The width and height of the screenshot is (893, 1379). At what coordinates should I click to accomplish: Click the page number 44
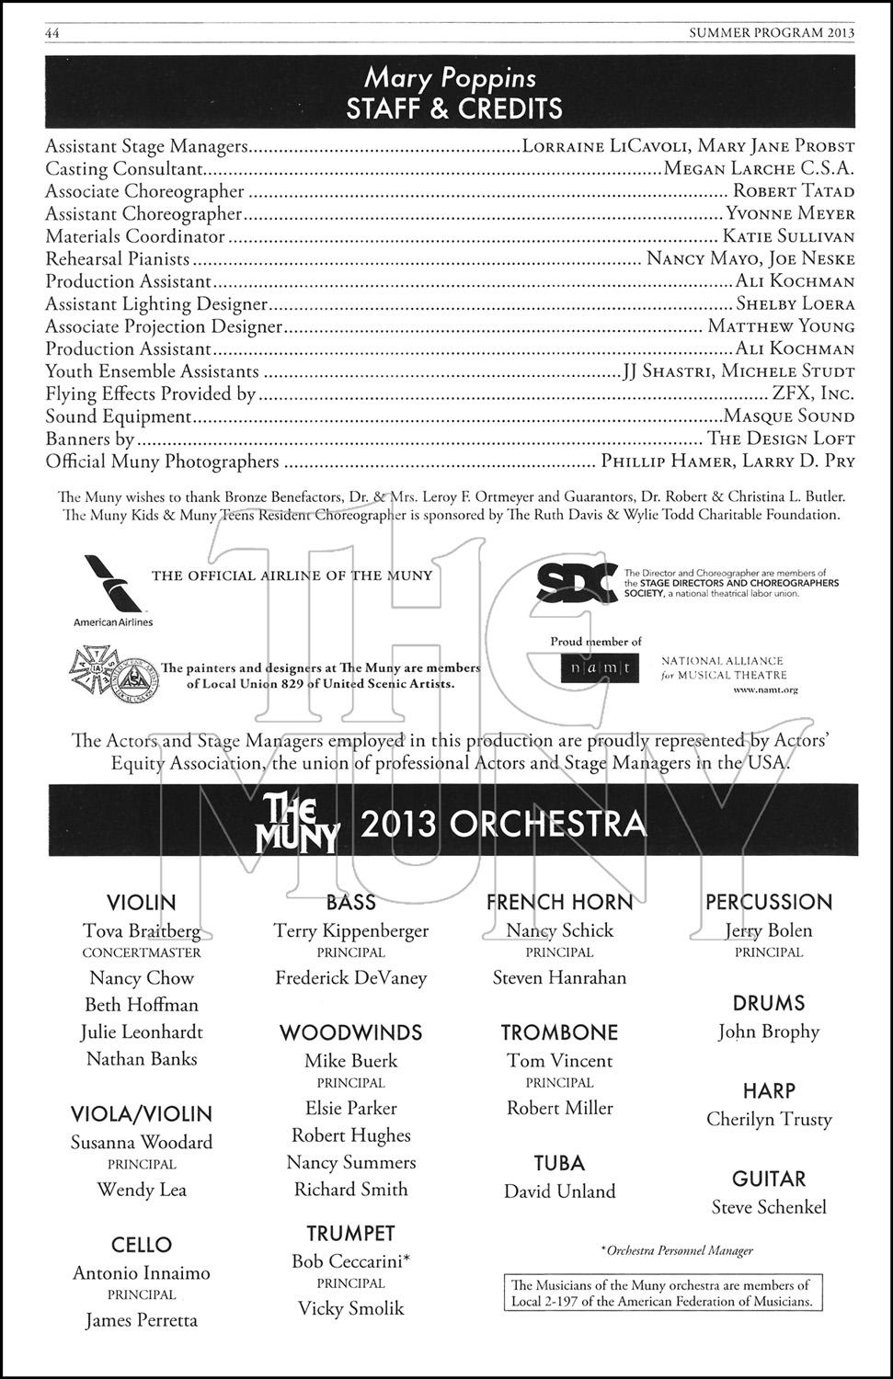click(52, 33)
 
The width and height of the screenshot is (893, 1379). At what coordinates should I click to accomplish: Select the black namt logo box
click(600, 668)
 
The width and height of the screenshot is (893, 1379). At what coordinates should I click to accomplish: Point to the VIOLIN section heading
click(141, 902)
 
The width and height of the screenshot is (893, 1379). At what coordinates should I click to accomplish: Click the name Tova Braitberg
click(141, 930)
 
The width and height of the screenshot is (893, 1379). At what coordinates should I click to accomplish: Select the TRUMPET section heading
click(350, 1234)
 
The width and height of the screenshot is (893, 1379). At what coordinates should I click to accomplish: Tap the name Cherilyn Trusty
click(769, 1120)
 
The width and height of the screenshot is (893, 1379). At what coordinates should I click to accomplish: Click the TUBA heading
click(559, 1163)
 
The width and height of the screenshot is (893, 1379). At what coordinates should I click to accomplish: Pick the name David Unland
click(559, 1191)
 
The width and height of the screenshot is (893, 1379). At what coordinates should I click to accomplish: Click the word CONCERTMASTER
click(141, 953)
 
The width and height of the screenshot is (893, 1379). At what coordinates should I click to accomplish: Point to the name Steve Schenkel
click(769, 1207)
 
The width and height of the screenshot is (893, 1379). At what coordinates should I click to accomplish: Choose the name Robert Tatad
click(794, 191)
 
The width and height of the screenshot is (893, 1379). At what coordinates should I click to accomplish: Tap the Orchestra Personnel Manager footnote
click(676, 1250)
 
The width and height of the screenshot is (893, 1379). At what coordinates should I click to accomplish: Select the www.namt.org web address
click(766, 689)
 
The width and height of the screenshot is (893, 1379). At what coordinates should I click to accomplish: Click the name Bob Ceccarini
click(350, 1261)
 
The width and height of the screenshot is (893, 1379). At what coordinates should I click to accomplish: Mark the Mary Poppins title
click(450, 78)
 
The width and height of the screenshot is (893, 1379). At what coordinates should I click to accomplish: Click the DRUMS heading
click(769, 1003)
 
